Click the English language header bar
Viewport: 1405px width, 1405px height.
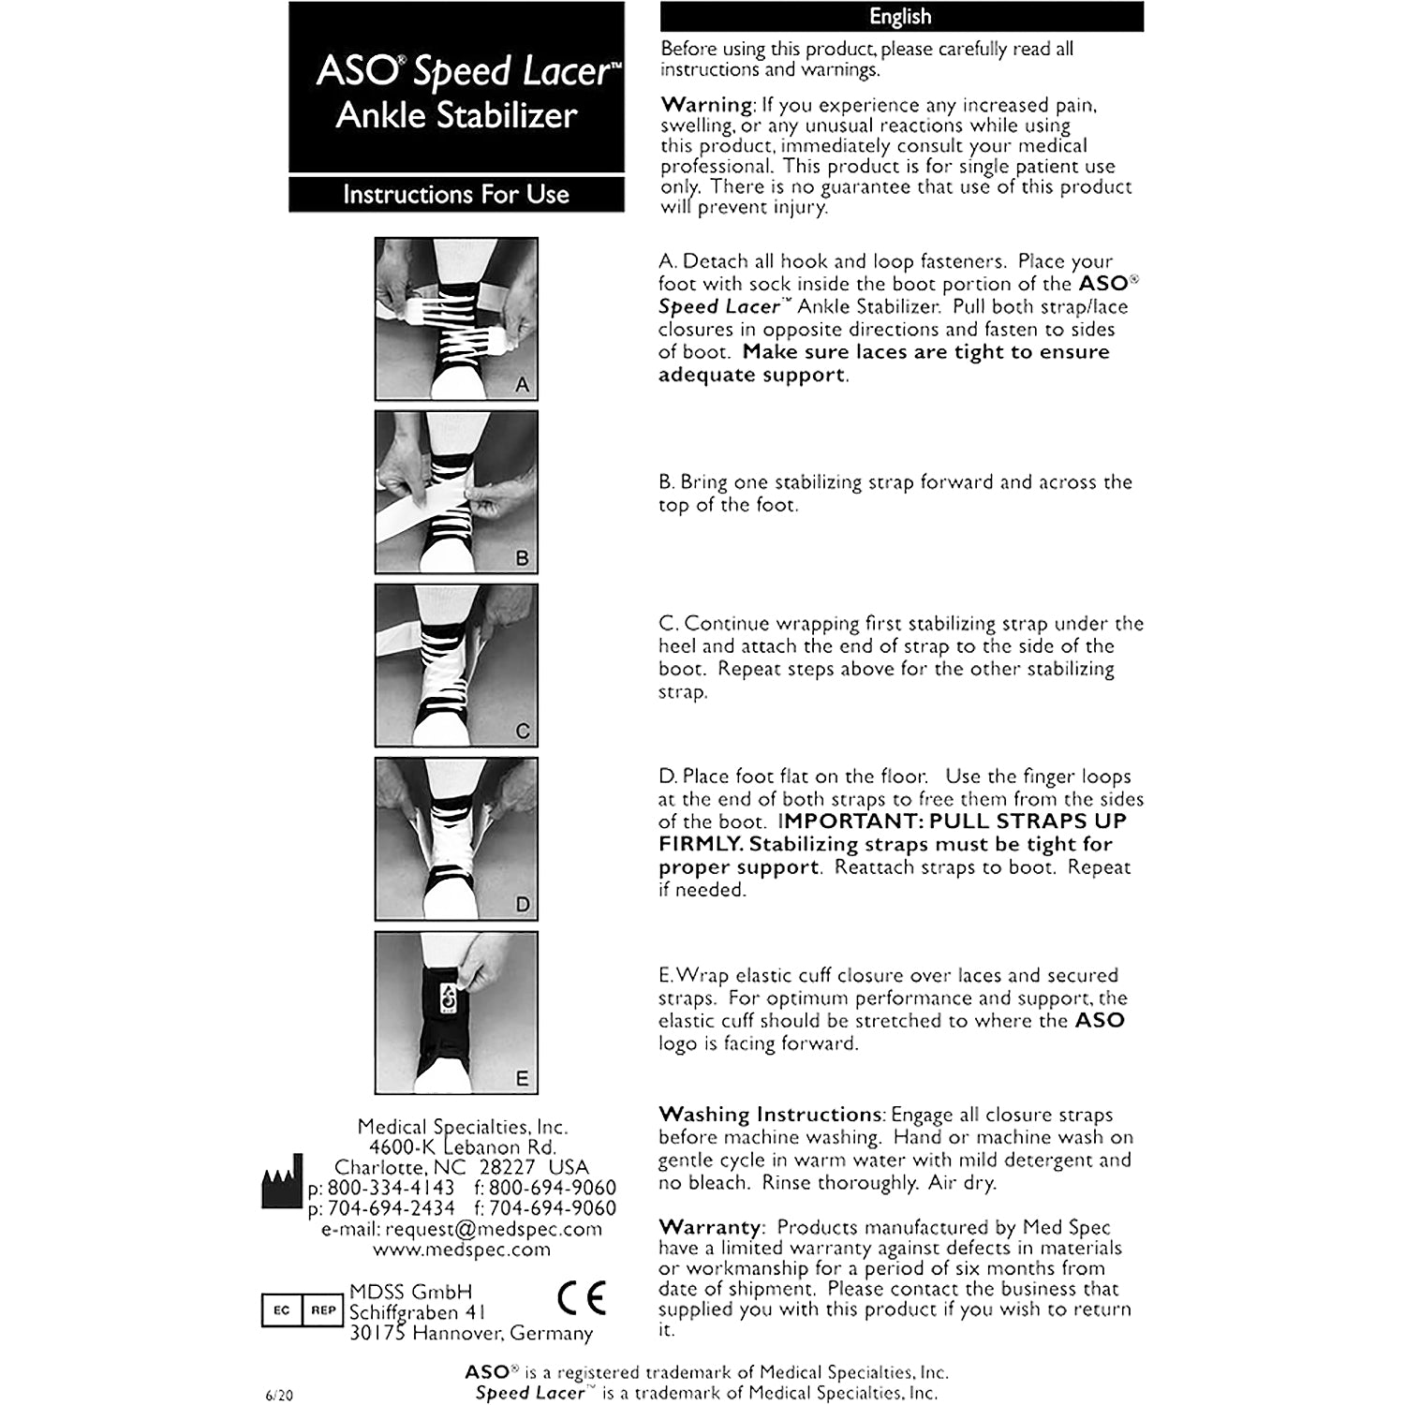901,17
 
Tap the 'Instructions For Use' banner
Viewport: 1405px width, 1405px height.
456,194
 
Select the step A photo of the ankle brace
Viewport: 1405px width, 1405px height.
456,319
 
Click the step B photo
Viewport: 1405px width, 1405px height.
456,493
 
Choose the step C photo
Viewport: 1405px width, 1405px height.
456,666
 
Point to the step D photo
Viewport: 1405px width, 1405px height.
456,839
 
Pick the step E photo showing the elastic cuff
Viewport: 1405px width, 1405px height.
456,1013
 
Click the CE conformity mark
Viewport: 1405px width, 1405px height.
581,1298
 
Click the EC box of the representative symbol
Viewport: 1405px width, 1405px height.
282,1310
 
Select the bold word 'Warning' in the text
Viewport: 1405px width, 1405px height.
706,104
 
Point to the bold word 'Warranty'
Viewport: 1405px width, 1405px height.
710,1227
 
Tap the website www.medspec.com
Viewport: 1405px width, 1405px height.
461,1250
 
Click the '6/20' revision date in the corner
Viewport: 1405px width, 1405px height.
279,1395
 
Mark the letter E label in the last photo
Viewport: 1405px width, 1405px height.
522,1078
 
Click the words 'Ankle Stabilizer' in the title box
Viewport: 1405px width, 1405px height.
456,115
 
